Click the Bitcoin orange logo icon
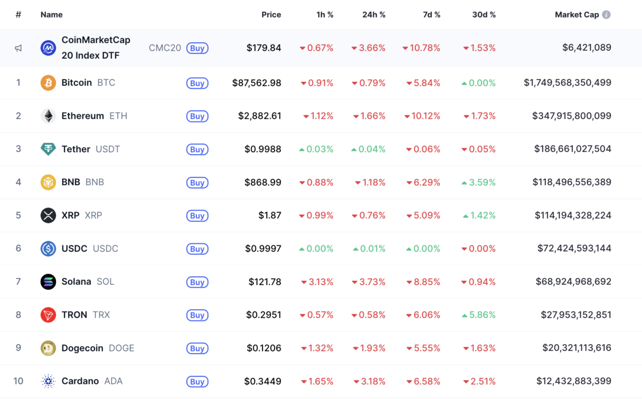click(x=48, y=83)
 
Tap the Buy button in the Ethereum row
click(x=197, y=116)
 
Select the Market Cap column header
click(x=577, y=15)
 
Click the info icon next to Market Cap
click(x=606, y=15)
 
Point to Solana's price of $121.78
click(x=265, y=282)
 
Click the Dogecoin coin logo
click(x=48, y=348)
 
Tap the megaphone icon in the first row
click(x=18, y=48)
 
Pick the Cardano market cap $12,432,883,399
click(x=574, y=381)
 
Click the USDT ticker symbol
click(x=108, y=149)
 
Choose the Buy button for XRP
click(x=197, y=216)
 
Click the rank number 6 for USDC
click(x=18, y=249)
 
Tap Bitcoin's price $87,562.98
click(x=257, y=83)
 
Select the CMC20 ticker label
click(x=165, y=48)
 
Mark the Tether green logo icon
click(x=48, y=149)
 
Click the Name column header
click(x=51, y=15)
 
